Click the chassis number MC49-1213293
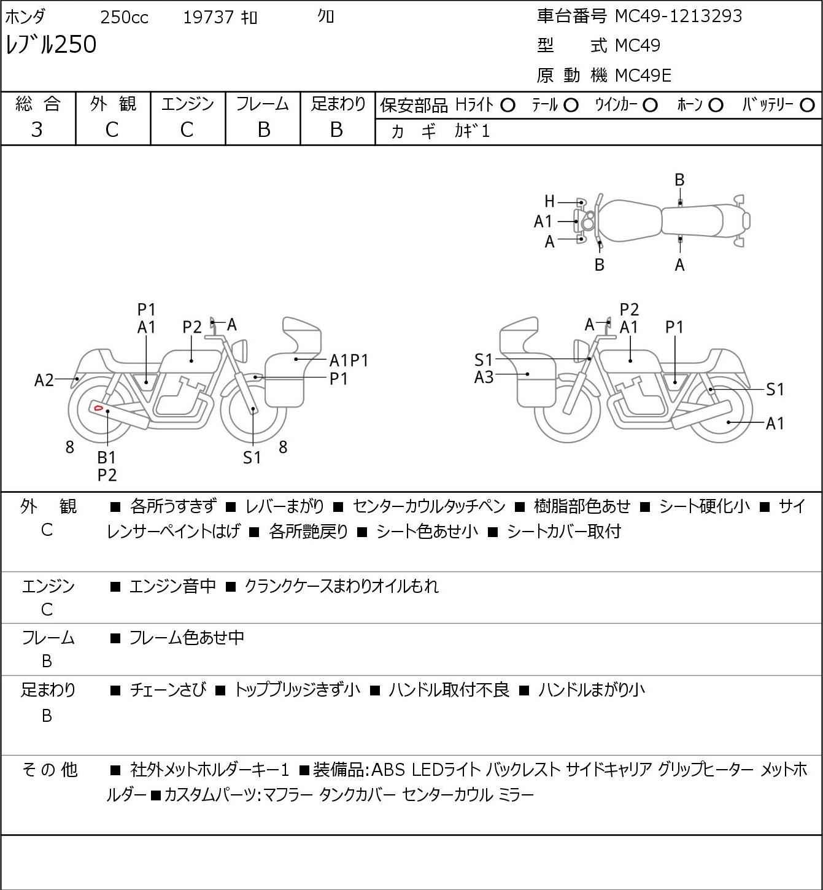click(678, 16)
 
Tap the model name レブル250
click(51, 45)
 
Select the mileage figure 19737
click(208, 17)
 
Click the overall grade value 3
click(37, 130)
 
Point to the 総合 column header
click(37, 104)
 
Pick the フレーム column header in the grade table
click(263, 104)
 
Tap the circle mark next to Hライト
click(508, 106)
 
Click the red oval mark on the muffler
click(97, 407)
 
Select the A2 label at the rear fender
click(44, 381)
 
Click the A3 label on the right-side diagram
click(484, 377)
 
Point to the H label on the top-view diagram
click(550, 201)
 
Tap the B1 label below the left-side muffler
click(107, 457)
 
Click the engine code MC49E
click(643, 75)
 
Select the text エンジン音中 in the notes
click(172, 586)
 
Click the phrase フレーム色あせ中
click(187, 638)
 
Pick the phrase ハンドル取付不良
click(449, 690)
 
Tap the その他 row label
click(49, 769)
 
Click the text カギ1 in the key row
click(472, 131)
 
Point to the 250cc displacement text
click(124, 17)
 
